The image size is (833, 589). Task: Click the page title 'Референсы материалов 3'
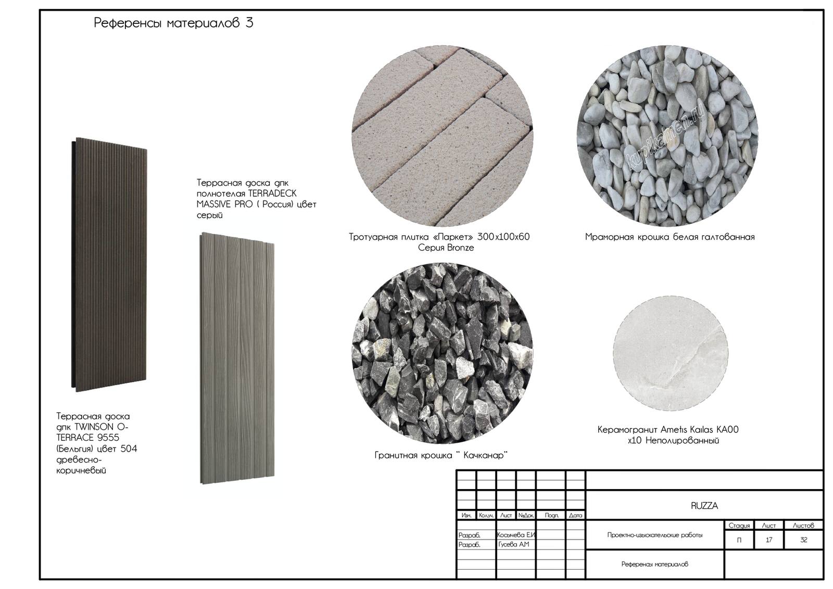pyautogui.click(x=173, y=23)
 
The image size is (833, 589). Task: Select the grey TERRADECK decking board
pyautogui.click(x=237, y=358)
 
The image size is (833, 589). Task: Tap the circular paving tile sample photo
pyautogui.click(x=443, y=136)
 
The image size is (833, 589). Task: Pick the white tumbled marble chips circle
pyautogui.click(x=667, y=136)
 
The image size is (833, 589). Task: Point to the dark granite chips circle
pyautogui.click(x=443, y=353)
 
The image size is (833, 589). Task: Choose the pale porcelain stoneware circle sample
pyautogui.click(x=671, y=353)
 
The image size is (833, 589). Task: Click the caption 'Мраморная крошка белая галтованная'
pyautogui.click(x=670, y=237)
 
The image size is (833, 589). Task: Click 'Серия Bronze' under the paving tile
pyautogui.click(x=446, y=248)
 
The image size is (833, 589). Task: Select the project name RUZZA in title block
pyautogui.click(x=704, y=506)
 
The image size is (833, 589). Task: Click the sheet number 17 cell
pyautogui.click(x=769, y=540)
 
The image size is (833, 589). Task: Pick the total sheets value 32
pyautogui.click(x=804, y=540)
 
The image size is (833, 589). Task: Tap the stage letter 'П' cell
pyautogui.click(x=739, y=540)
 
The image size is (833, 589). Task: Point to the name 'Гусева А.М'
pyautogui.click(x=513, y=544)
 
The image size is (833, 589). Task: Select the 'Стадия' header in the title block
pyautogui.click(x=739, y=526)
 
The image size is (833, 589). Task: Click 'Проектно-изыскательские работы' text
pyautogui.click(x=655, y=535)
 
